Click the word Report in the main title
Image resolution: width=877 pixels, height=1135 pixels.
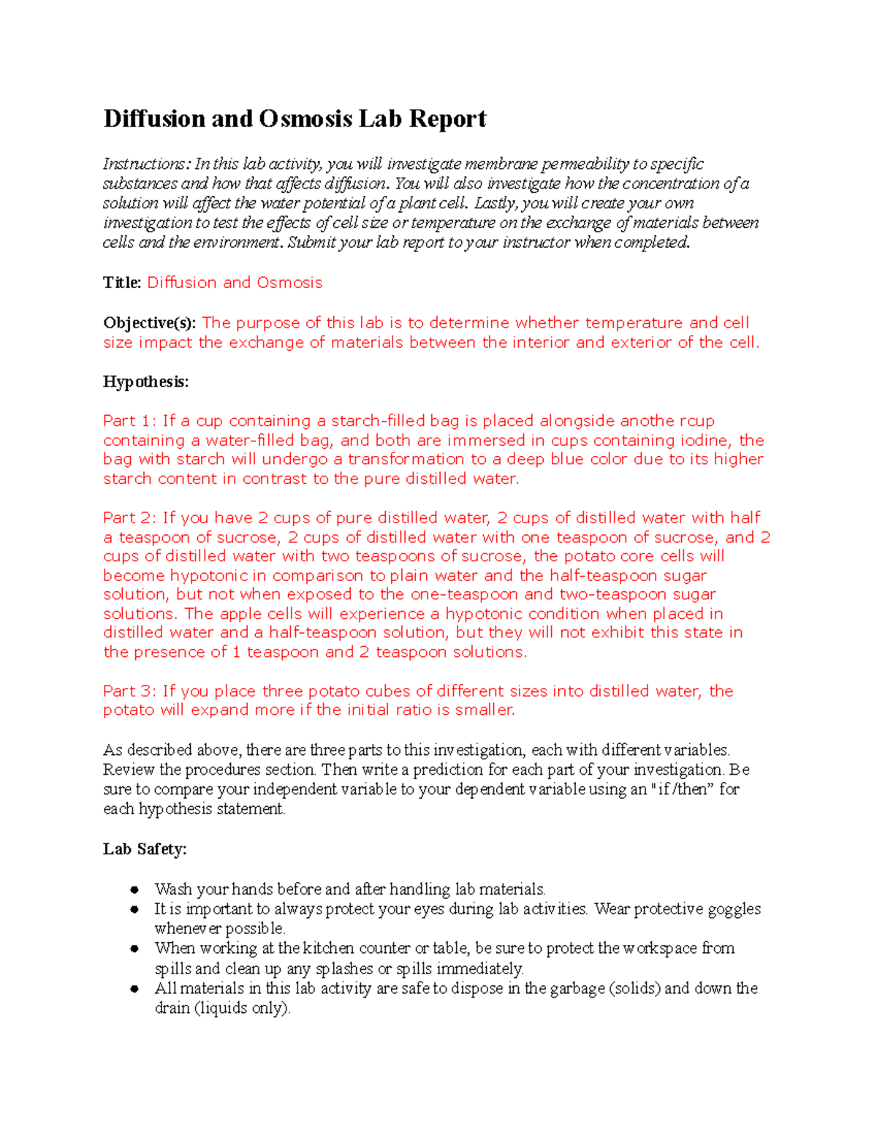tap(447, 118)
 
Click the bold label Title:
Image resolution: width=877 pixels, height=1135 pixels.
tap(122, 283)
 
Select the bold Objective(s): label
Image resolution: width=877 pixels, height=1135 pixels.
tap(149, 323)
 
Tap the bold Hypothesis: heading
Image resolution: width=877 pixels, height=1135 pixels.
tap(145, 382)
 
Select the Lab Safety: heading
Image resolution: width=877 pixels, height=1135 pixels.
tap(145, 849)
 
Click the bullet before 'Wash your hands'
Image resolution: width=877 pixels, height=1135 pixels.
tap(134, 890)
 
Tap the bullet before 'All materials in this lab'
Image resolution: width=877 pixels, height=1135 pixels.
tap(134, 989)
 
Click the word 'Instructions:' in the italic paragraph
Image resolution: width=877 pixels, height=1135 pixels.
tap(146, 164)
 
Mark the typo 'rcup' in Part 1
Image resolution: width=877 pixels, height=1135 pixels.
tap(697, 421)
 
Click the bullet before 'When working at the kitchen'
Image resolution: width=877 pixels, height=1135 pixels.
tap(134, 949)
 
